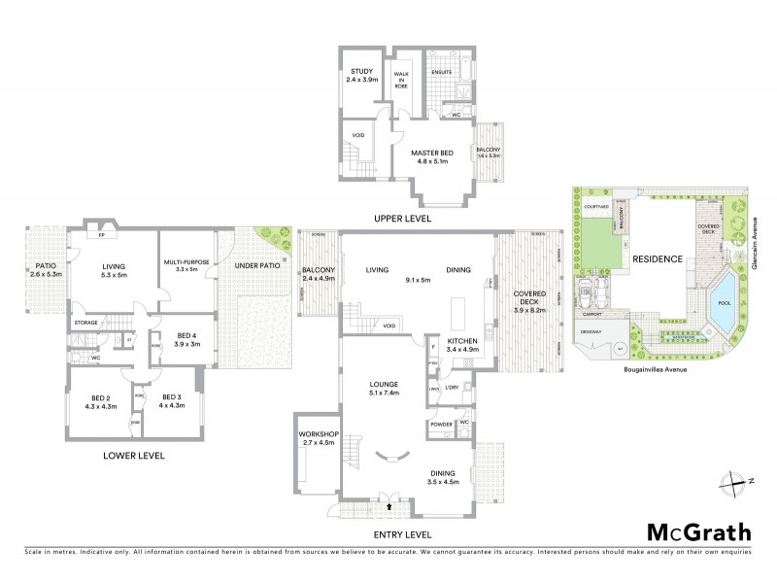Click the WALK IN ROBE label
coord(401,79)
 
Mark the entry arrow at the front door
coord(390,506)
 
